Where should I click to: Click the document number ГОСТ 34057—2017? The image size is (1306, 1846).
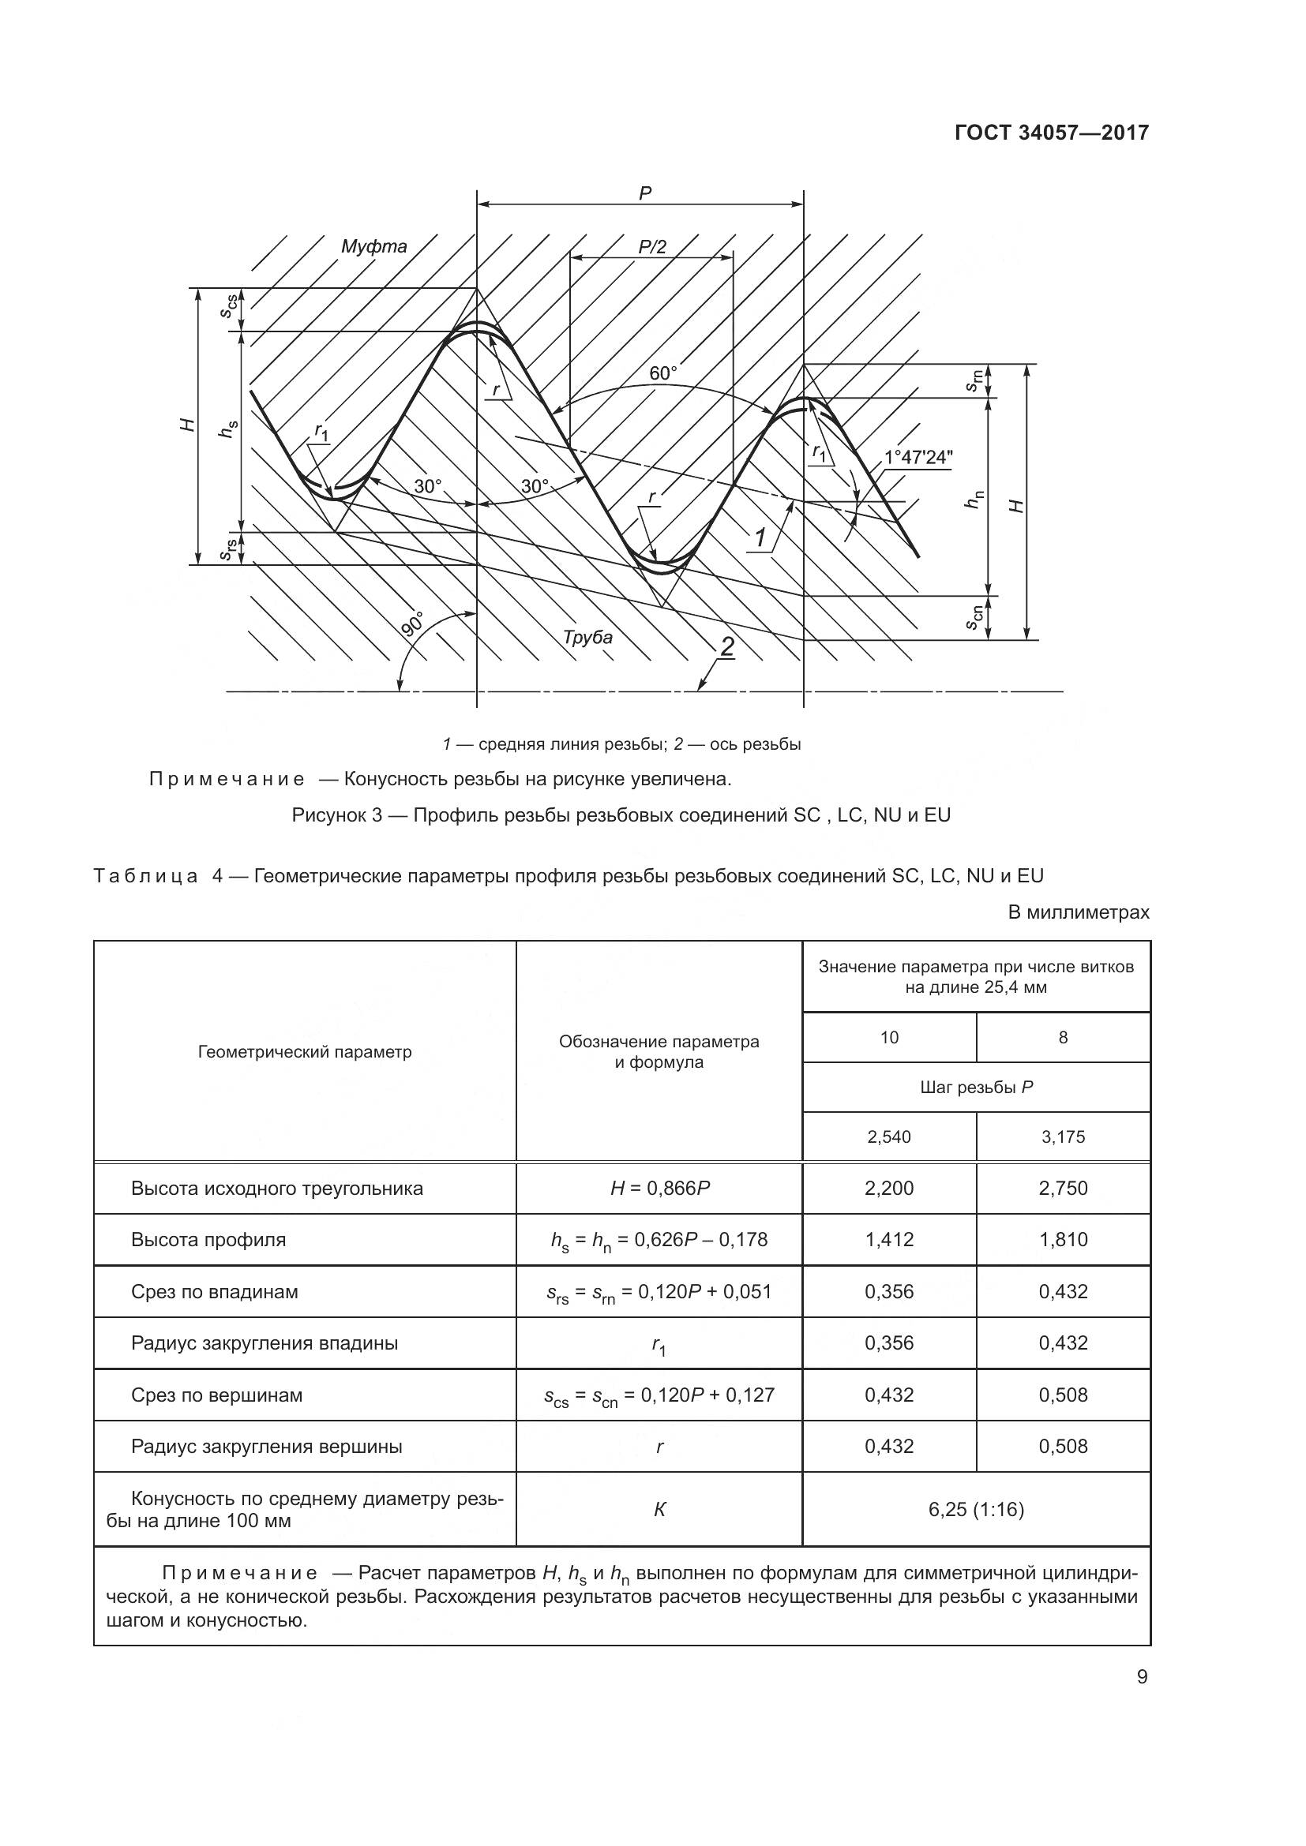click(1051, 133)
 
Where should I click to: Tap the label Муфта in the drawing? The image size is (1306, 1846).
click(374, 247)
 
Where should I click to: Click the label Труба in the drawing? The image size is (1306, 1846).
click(587, 638)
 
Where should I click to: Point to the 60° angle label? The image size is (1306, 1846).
click(663, 373)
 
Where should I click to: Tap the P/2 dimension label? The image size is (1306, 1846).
click(652, 247)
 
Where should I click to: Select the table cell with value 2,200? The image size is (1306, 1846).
click(888, 1189)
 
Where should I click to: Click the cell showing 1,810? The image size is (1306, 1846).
click(1062, 1239)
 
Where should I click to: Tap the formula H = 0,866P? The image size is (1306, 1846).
click(659, 1189)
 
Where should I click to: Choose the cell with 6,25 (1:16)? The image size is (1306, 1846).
click(975, 1509)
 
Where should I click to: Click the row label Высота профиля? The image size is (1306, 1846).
click(208, 1239)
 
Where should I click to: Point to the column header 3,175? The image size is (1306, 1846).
click(1062, 1136)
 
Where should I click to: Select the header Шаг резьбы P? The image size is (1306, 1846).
click(975, 1087)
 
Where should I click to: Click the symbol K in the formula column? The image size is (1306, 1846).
click(659, 1509)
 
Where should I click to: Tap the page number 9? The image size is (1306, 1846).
click(1142, 1676)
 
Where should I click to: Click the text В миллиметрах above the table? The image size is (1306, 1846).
click(1079, 912)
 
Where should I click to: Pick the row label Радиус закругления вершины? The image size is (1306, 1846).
click(266, 1447)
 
